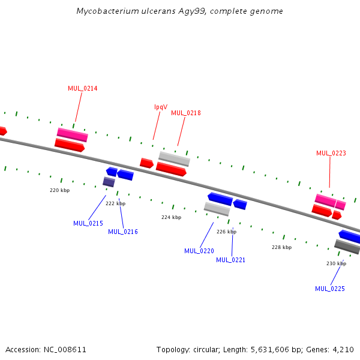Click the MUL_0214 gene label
[83, 89]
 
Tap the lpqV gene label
[161, 107]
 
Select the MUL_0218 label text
[186, 113]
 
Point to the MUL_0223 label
[331, 153]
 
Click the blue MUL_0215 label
[88, 223]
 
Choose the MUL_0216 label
[123, 232]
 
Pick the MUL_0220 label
[199, 251]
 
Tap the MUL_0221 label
[231, 260]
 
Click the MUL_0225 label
[330, 289]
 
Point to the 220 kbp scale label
[59, 190]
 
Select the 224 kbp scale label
[171, 217]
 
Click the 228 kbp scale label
[281, 247]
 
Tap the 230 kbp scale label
[336, 263]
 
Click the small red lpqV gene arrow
[146, 163]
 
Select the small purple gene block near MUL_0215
[109, 182]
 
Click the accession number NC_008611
[65, 349]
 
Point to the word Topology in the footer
[173, 349]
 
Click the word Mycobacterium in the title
[104, 11]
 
